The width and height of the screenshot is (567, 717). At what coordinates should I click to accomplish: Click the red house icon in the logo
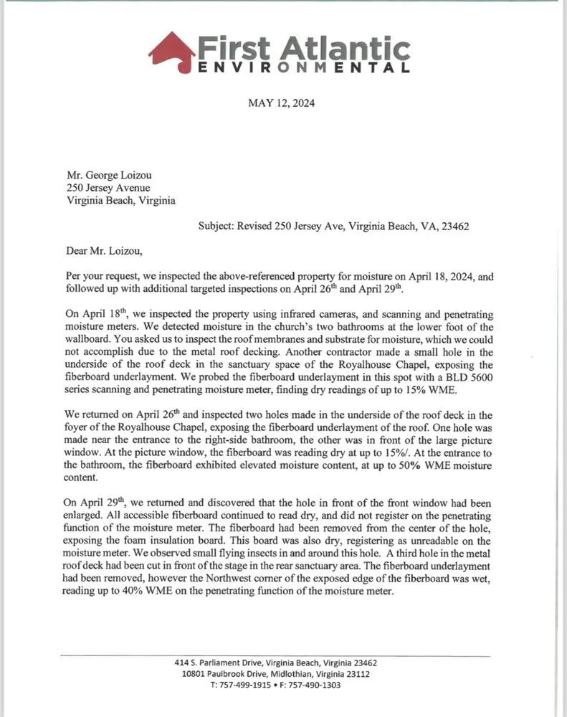pos(172,49)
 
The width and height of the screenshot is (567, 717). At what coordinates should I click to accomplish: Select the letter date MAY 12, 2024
pos(281,103)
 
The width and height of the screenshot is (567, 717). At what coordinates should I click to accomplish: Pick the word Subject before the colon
pos(220,225)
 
